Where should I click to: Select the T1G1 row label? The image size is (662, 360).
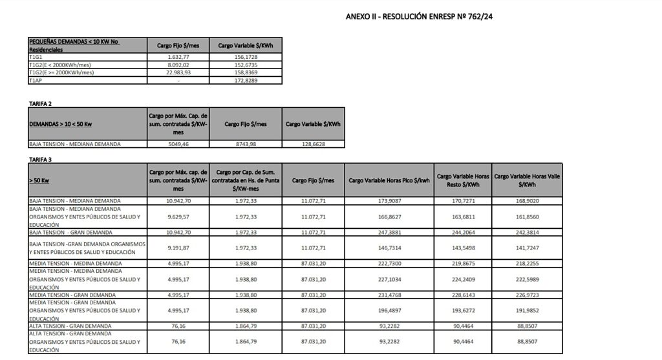click(x=35, y=57)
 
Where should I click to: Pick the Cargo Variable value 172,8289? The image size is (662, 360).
click(x=246, y=80)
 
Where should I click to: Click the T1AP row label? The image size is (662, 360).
click(x=35, y=80)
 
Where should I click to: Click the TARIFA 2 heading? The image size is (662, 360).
click(x=40, y=103)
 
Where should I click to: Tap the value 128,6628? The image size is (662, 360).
click(x=313, y=144)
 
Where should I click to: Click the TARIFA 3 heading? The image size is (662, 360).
click(x=40, y=158)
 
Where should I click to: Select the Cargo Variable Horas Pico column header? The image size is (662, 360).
click(x=389, y=180)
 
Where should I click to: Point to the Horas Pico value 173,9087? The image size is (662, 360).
click(x=389, y=201)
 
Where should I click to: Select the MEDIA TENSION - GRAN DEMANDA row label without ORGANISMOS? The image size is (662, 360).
click(x=72, y=295)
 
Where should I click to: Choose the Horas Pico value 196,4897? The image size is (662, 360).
click(x=389, y=310)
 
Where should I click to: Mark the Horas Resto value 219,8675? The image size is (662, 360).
click(x=458, y=263)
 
